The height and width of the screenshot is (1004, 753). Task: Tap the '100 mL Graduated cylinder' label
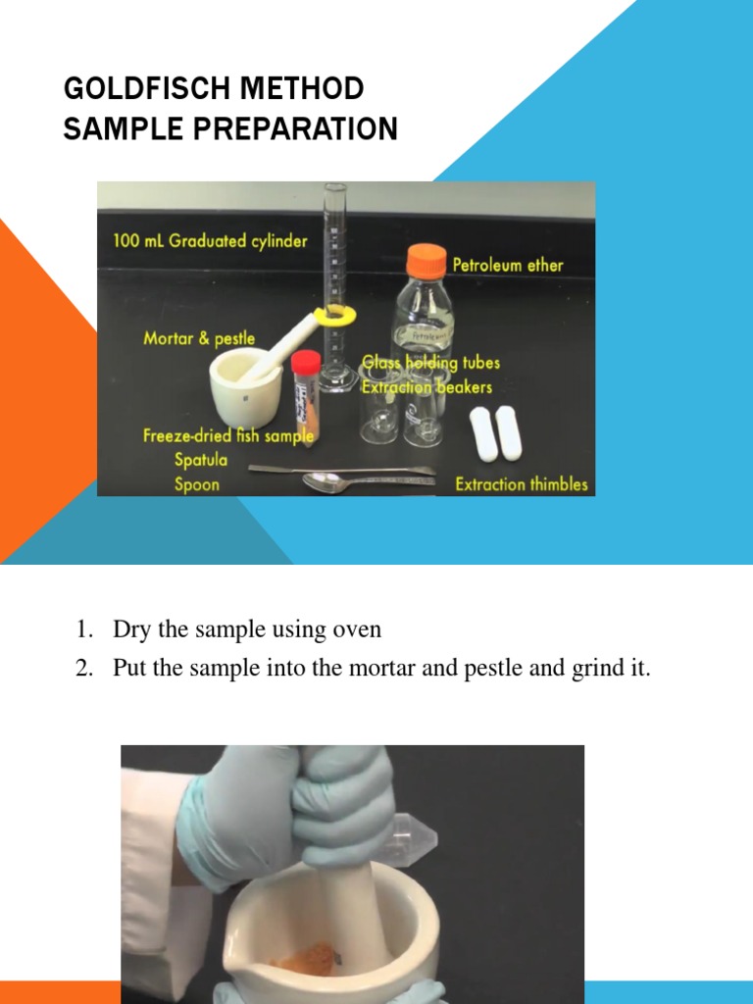pos(210,240)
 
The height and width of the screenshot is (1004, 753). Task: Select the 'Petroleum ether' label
pos(507,265)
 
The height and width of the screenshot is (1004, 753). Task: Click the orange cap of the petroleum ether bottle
pos(427,261)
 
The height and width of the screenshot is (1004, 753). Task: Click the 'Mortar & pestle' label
pos(199,338)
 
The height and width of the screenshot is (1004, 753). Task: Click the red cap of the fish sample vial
pos(306,361)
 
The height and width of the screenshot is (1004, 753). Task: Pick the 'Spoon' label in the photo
pos(197,484)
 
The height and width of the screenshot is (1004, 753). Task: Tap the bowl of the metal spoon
pos(322,481)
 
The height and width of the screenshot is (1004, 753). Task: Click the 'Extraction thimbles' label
pos(522,483)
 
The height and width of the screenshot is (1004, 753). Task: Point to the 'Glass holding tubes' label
pos(431,363)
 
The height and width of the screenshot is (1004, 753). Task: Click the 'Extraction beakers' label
pos(427,386)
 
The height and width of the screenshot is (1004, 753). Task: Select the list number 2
pos(84,670)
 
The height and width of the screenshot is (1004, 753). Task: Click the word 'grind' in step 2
pos(605,670)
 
